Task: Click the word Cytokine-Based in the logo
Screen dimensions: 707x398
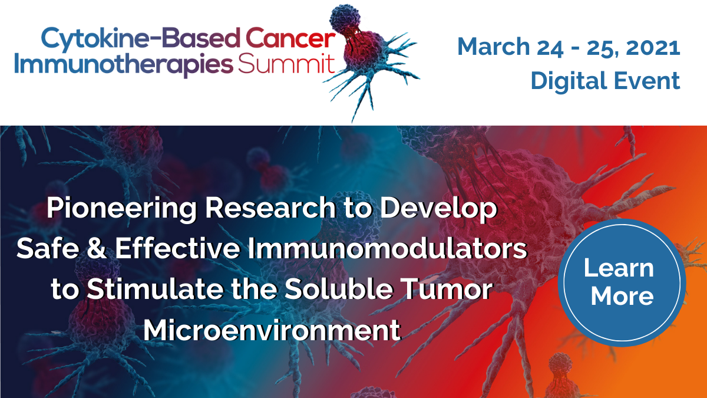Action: click(x=140, y=40)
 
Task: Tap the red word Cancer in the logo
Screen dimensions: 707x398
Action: click(x=290, y=38)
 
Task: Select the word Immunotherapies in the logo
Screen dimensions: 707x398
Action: click(x=124, y=65)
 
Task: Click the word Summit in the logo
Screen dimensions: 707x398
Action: click(x=286, y=64)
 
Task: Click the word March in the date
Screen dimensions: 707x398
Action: click(x=493, y=47)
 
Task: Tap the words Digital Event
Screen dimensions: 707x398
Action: click(x=606, y=81)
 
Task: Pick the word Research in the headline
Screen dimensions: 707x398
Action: click(x=270, y=208)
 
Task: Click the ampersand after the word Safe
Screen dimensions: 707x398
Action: click(x=97, y=248)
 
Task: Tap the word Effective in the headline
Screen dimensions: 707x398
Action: click(x=177, y=248)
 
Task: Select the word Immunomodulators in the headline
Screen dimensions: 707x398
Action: click(x=388, y=248)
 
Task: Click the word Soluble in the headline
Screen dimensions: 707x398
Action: click(x=339, y=288)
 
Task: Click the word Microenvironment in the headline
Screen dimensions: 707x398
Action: click(x=272, y=330)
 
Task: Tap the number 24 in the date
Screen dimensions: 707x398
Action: click(x=550, y=48)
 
